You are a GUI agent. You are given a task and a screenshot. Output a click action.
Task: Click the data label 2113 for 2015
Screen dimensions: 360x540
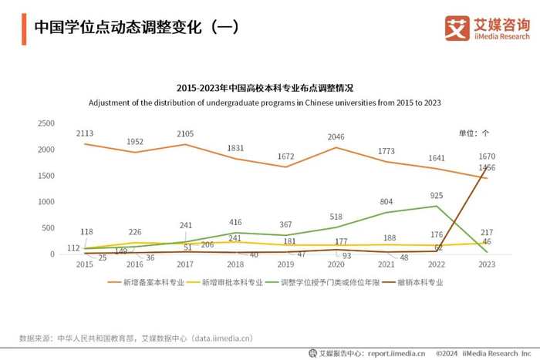(x=85, y=133)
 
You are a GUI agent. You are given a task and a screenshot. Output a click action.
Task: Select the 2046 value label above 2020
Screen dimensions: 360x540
(x=336, y=137)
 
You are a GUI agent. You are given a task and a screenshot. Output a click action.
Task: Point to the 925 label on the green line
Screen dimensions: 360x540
(x=437, y=197)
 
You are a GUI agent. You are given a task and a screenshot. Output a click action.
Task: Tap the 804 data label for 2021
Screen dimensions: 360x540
(x=386, y=202)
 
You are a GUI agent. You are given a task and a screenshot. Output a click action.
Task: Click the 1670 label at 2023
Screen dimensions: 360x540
(x=487, y=156)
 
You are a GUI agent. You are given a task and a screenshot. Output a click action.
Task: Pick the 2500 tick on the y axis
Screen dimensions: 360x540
(x=46, y=123)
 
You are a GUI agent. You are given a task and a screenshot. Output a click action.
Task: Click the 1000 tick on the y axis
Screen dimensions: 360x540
(x=46, y=202)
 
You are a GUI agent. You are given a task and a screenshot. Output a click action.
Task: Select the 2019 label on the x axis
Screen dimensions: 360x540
(x=286, y=264)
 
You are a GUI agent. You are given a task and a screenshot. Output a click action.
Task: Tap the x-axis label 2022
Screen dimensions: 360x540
(x=437, y=264)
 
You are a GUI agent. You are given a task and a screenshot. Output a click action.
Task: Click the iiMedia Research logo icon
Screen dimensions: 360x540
(x=457, y=29)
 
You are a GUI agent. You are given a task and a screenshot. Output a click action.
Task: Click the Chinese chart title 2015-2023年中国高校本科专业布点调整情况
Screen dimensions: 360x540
(x=265, y=89)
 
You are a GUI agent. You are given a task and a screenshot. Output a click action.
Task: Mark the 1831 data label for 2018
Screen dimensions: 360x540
(x=236, y=149)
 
